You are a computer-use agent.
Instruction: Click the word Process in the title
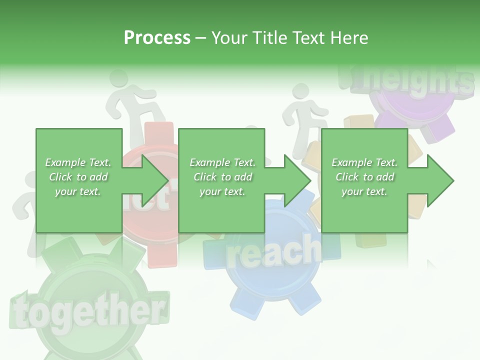click(157, 38)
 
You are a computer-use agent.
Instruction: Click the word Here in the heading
click(348, 38)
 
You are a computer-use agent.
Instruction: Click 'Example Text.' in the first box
click(78, 162)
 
